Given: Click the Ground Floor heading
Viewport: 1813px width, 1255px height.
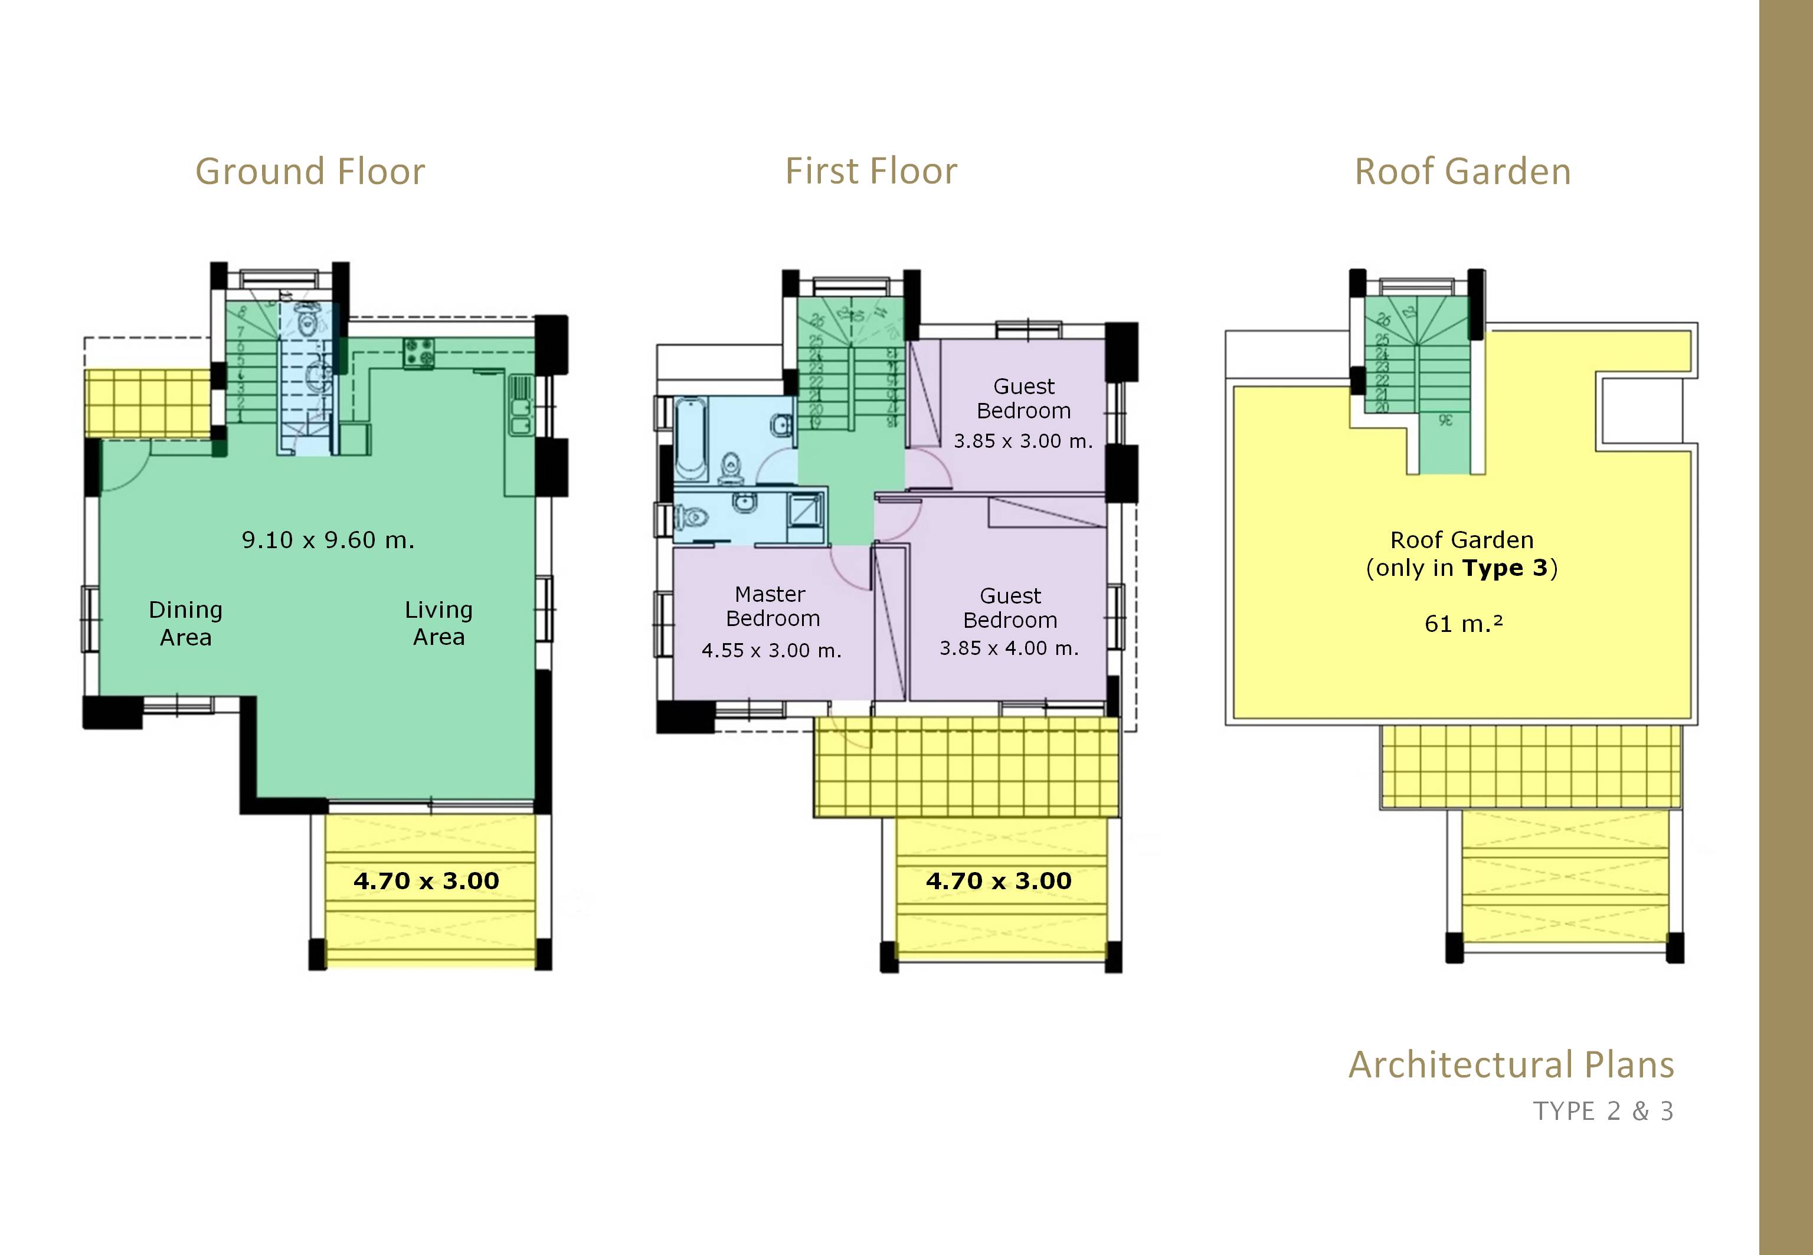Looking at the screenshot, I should coord(310,172).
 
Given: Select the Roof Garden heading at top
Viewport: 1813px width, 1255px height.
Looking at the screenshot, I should coord(1462,172).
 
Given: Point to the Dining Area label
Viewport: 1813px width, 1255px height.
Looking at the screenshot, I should coord(186,623).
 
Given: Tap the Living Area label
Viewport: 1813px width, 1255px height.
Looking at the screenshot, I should coord(439,623).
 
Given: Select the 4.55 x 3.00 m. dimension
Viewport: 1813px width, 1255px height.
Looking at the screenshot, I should coord(771,651).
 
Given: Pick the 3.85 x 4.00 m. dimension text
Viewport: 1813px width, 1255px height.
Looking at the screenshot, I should coord(1009,648).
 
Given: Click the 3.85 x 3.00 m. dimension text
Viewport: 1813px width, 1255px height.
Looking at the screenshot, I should coord(1023,441).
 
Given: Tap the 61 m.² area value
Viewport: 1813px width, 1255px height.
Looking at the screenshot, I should coord(1463,624).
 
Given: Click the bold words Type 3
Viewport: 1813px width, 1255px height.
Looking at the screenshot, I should coord(1505,568).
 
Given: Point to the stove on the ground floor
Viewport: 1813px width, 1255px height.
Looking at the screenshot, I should coord(418,353).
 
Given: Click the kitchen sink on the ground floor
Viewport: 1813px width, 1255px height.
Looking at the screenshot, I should coord(520,407).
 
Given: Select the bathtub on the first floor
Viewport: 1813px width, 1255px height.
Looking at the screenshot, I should coord(690,438).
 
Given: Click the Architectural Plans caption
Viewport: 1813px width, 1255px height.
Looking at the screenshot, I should coord(1511,1064).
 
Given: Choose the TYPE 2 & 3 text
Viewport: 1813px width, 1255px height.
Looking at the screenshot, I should coord(1603,1111).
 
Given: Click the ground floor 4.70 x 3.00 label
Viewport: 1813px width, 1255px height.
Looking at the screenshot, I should coord(426,881).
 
